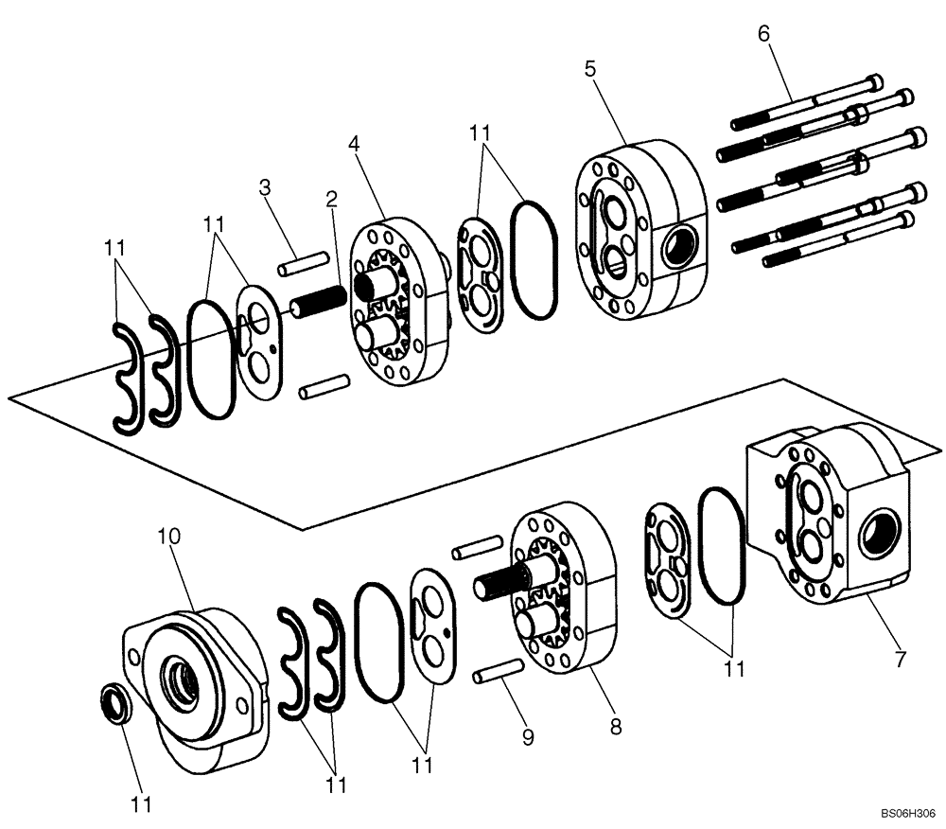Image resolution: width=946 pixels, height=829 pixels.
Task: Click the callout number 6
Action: tap(763, 33)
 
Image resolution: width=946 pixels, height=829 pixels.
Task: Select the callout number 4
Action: tap(354, 144)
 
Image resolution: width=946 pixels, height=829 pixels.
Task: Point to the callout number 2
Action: tap(332, 199)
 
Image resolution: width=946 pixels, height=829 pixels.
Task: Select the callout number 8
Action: tap(615, 726)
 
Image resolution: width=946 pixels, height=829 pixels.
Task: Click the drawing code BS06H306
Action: tap(908, 812)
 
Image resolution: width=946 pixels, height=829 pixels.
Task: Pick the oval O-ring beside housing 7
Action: tap(723, 545)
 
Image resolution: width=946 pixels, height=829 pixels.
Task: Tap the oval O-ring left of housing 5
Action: tap(535, 257)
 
